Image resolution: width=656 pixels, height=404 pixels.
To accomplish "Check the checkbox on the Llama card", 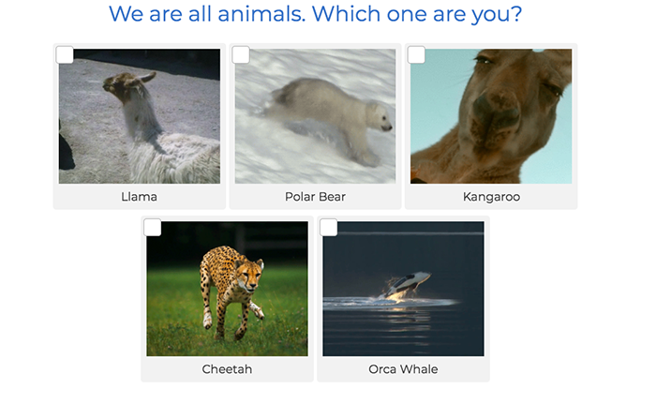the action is click(65, 55).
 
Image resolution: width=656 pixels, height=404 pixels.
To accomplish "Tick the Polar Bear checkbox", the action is click(241, 55).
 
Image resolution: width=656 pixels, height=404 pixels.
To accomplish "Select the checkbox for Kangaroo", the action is click(416, 55).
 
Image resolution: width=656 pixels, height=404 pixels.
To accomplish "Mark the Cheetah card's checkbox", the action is click(152, 228).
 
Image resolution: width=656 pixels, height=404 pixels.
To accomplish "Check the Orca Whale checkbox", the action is click(328, 228).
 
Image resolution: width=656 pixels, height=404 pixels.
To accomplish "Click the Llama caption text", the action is click(140, 197).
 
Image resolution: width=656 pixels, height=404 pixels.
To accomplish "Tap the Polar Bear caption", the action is click(315, 197).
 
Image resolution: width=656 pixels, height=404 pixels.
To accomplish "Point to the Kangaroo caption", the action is click(491, 197).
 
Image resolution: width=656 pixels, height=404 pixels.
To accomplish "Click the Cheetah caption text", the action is click(227, 369).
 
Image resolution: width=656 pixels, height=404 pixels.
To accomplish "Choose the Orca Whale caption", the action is click(403, 369).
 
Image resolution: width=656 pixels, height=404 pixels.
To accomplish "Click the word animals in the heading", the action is click(261, 14).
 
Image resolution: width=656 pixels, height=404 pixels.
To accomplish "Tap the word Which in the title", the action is click(346, 14).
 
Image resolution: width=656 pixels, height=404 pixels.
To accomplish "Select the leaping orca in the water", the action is click(404, 286).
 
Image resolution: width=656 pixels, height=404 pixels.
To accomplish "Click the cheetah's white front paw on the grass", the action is click(208, 321).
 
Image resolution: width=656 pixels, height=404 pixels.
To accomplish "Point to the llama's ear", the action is click(147, 78).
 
